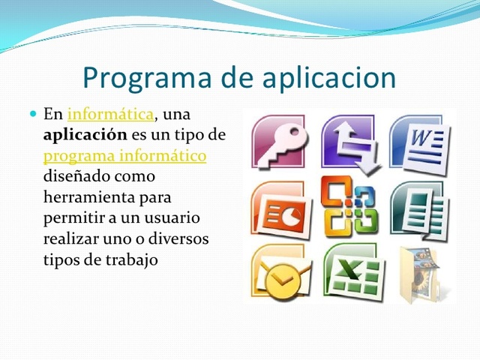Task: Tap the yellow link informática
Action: pyautogui.click(x=111, y=115)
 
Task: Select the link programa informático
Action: pyautogui.click(x=124, y=156)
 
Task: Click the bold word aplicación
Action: pyautogui.click(x=83, y=136)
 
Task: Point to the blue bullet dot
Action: pyautogui.click(x=32, y=114)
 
